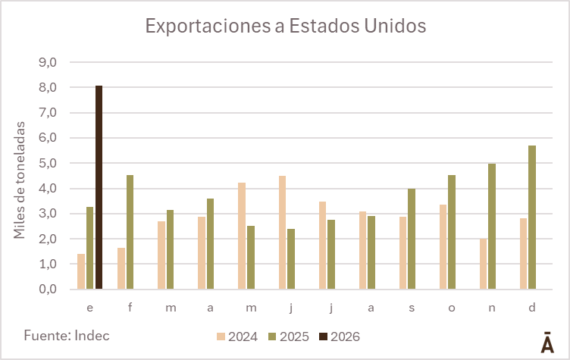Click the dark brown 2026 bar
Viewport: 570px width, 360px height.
[x=99, y=187]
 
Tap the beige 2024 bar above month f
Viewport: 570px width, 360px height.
[x=121, y=268]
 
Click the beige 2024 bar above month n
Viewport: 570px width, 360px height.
[x=484, y=264]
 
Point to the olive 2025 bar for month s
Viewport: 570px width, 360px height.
[x=412, y=239]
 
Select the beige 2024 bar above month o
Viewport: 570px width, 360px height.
[x=443, y=246]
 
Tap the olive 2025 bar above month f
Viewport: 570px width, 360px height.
[x=130, y=232]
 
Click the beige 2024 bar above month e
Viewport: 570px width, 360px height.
[x=81, y=271]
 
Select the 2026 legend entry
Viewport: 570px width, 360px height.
[x=339, y=337]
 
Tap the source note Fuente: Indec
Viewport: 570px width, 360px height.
[x=67, y=335]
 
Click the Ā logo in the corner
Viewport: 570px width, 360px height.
[x=547, y=342]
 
